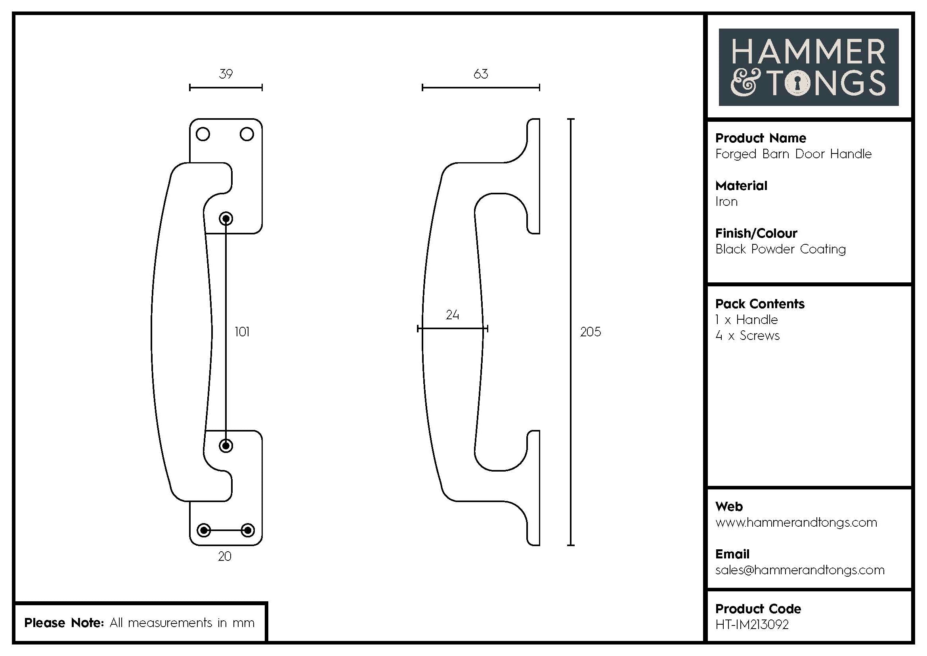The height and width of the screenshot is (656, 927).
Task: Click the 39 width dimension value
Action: coord(226,74)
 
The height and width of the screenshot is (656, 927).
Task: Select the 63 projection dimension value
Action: coord(480,74)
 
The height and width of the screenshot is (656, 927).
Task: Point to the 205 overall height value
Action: coord(590,332)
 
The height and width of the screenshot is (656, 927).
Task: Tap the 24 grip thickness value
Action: coord(452,315)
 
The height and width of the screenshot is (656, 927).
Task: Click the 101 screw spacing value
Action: coord(242,332)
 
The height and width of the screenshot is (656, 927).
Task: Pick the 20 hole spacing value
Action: coord(224,556)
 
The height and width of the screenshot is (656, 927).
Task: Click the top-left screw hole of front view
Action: coord(203,134)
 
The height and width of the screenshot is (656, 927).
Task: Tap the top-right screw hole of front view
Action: coord(247,134)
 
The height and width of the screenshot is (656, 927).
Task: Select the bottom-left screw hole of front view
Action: coord(203,530)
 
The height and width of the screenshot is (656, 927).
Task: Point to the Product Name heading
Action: coord(761,138)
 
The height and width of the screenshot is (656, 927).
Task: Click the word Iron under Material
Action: coord(726,201)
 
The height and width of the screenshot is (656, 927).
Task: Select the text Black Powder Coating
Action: coord(780,249)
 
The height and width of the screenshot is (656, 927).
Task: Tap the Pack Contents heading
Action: coord(760,304)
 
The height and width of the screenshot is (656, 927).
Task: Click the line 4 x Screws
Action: coord(747,336)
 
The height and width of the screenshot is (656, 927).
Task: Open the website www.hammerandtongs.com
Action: coord(796,522)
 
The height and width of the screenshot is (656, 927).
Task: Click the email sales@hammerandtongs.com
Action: coord(800,570)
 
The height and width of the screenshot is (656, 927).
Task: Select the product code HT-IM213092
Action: coord(752,625)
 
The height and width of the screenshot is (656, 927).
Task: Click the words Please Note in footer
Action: coord(64,622)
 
